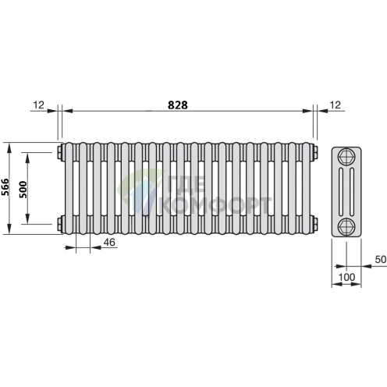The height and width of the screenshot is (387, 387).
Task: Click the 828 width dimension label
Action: (178, 105)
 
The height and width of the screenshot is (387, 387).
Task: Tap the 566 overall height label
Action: (5, 187)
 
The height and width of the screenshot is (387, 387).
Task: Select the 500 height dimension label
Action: (23, 190)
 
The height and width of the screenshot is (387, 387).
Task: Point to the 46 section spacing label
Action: (109, 243)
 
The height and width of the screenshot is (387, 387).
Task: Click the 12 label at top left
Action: (39, 105)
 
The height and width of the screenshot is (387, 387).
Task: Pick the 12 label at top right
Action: (335, 105)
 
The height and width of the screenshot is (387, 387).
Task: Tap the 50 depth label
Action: (381, 259)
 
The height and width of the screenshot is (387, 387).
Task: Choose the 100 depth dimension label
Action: (346, 277)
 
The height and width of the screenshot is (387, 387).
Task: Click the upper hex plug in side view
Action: (346, 156)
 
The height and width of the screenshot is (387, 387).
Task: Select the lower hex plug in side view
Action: (346, 226)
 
